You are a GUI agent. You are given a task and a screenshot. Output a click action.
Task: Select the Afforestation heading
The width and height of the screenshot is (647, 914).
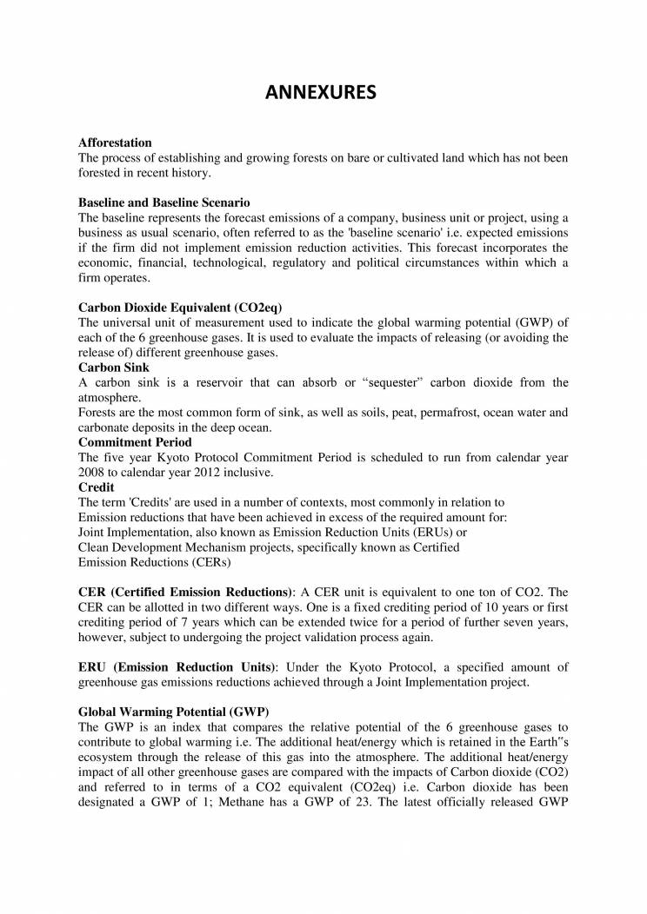[x=115, y=142]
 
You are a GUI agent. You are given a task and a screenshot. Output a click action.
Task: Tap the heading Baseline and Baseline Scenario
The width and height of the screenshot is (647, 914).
[x=164, y=202]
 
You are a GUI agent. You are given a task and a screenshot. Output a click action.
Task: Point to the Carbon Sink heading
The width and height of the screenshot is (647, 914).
[x=113, y=368]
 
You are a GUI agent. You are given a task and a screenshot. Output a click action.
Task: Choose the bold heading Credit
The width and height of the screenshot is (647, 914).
[x=96, y=487]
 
